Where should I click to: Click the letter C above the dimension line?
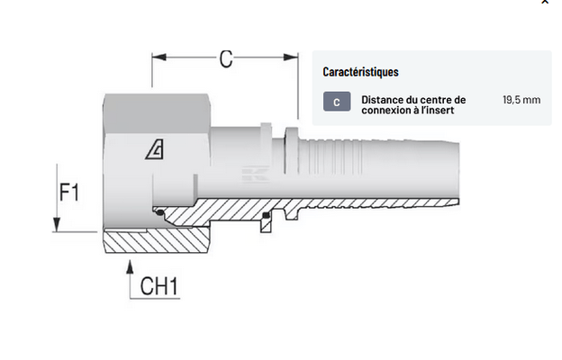[225, 59]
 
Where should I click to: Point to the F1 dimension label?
[69, 192]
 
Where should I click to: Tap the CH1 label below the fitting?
[160, 287]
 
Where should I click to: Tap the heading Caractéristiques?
[360, 71]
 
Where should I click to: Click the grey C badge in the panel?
[336, 102]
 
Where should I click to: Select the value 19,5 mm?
[521, 99]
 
